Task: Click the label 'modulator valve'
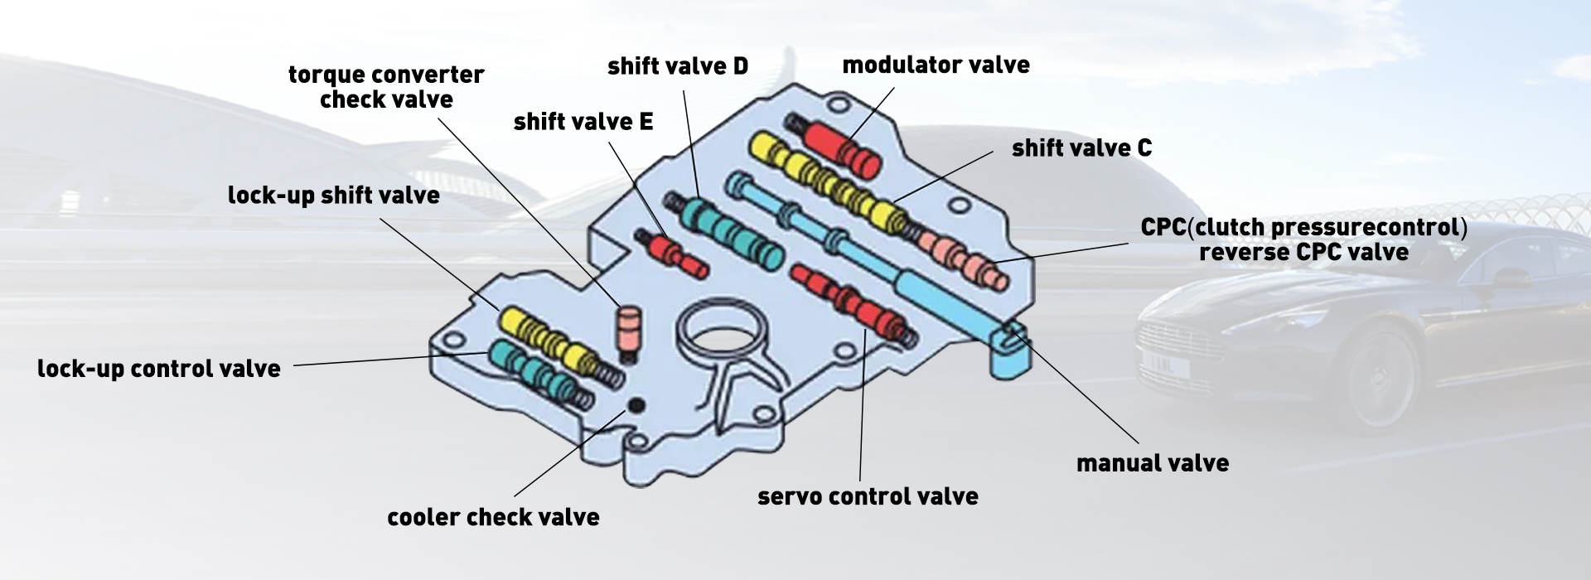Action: point(936,65)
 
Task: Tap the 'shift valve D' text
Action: point(677,67)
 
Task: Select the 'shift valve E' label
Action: point(583,123)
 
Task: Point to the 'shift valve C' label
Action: point(1081,149)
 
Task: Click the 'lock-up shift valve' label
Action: point(333,196)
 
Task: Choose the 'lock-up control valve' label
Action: point(158,370)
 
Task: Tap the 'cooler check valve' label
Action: point(492,518)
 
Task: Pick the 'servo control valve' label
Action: point(868,497)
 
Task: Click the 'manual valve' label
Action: point(1152,464)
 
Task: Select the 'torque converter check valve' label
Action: point(386,87)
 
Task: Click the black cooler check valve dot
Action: point(636,405)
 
